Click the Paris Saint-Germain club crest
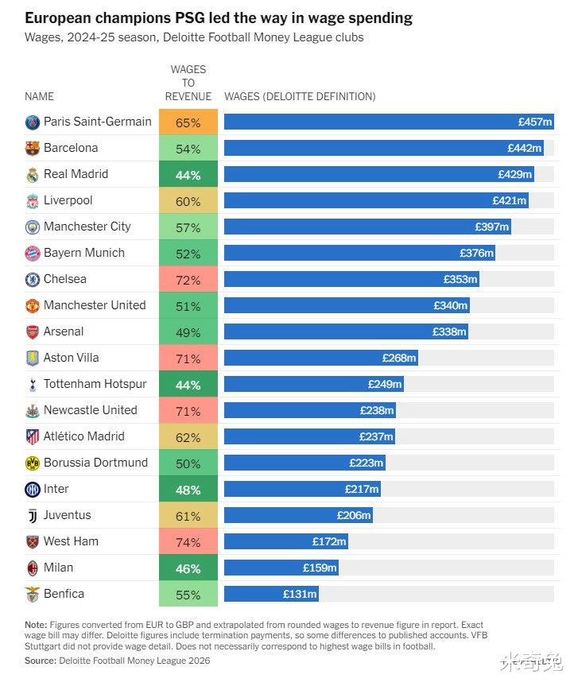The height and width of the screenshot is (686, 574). pos(33,122)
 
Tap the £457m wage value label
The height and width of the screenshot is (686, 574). pos(534,122)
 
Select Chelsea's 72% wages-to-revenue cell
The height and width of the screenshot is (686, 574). pos(188,280)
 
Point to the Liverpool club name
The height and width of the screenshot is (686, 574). pos(68,200)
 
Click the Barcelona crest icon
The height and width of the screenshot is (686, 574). pos(33,149)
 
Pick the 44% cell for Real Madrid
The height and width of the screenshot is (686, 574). pos(188,175)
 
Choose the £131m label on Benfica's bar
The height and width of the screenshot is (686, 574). pos(301,595)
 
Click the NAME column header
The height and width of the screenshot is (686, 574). pos(39,97)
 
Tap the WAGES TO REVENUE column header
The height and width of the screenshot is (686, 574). pos(188,83)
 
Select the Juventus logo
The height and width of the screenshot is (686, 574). pos(33,516)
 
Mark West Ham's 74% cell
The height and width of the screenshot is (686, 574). pos(188,542)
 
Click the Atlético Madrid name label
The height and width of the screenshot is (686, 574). pos(83,436)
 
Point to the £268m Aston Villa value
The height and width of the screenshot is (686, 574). pos(399,359)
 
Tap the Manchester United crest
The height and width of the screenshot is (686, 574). pos(33,306)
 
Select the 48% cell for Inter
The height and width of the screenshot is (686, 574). pos(188,490)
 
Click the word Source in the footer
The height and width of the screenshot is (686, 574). pos(40,661)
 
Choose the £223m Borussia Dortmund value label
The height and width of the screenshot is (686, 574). pos(367,463)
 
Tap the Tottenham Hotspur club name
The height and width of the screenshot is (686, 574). pos(95,384)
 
